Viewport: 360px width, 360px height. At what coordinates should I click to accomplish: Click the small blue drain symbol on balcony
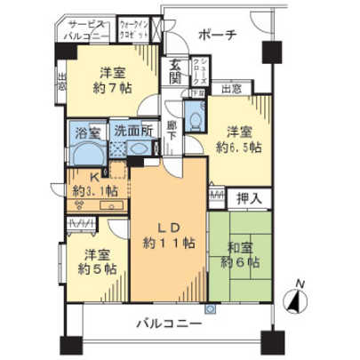(209, 308)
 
